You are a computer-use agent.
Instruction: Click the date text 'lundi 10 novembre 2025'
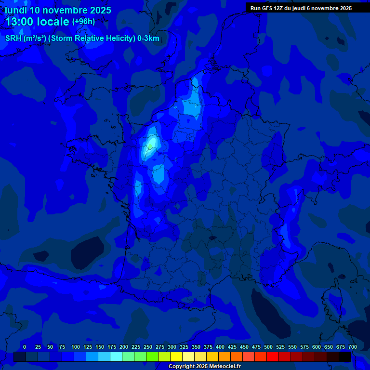58,10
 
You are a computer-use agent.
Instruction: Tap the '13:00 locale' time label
38,22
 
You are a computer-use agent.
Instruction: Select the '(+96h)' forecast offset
83,22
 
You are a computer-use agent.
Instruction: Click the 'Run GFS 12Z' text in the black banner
264,8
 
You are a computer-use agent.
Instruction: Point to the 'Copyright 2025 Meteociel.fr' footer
204,366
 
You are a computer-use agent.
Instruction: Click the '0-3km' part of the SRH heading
148,39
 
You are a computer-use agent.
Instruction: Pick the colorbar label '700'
353,347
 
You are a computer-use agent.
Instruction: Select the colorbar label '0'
25,347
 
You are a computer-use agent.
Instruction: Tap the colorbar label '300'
172,347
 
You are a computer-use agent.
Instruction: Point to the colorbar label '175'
112,347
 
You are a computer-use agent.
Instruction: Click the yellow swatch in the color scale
176,357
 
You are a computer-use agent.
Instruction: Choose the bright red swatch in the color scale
273,357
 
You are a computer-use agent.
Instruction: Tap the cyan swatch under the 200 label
116,357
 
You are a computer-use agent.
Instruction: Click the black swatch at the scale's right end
345,357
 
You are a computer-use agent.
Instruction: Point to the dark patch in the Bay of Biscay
87,251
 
